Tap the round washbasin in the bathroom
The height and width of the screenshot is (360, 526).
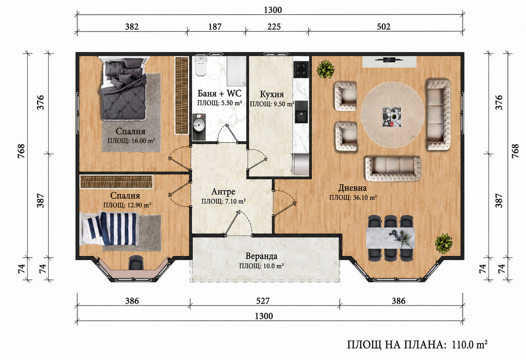[x=199, y=126]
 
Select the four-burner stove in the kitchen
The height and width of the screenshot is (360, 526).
[x=301, y=69]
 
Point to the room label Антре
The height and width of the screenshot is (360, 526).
[x=223, y=191]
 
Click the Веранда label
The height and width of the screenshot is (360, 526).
[x=261, y=256]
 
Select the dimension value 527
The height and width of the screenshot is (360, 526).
[x=263, y=301]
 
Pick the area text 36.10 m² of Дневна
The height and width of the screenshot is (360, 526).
[x=365, y=198]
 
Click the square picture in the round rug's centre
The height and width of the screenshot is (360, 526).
[x=392, y=117]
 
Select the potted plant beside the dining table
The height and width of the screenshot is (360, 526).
[x=443, y=243]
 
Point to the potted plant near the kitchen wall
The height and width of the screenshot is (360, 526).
[x=325, y=69]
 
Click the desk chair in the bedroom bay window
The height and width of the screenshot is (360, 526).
[x=136, y=263]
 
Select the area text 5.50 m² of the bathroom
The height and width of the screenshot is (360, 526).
[x=231, y=103]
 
